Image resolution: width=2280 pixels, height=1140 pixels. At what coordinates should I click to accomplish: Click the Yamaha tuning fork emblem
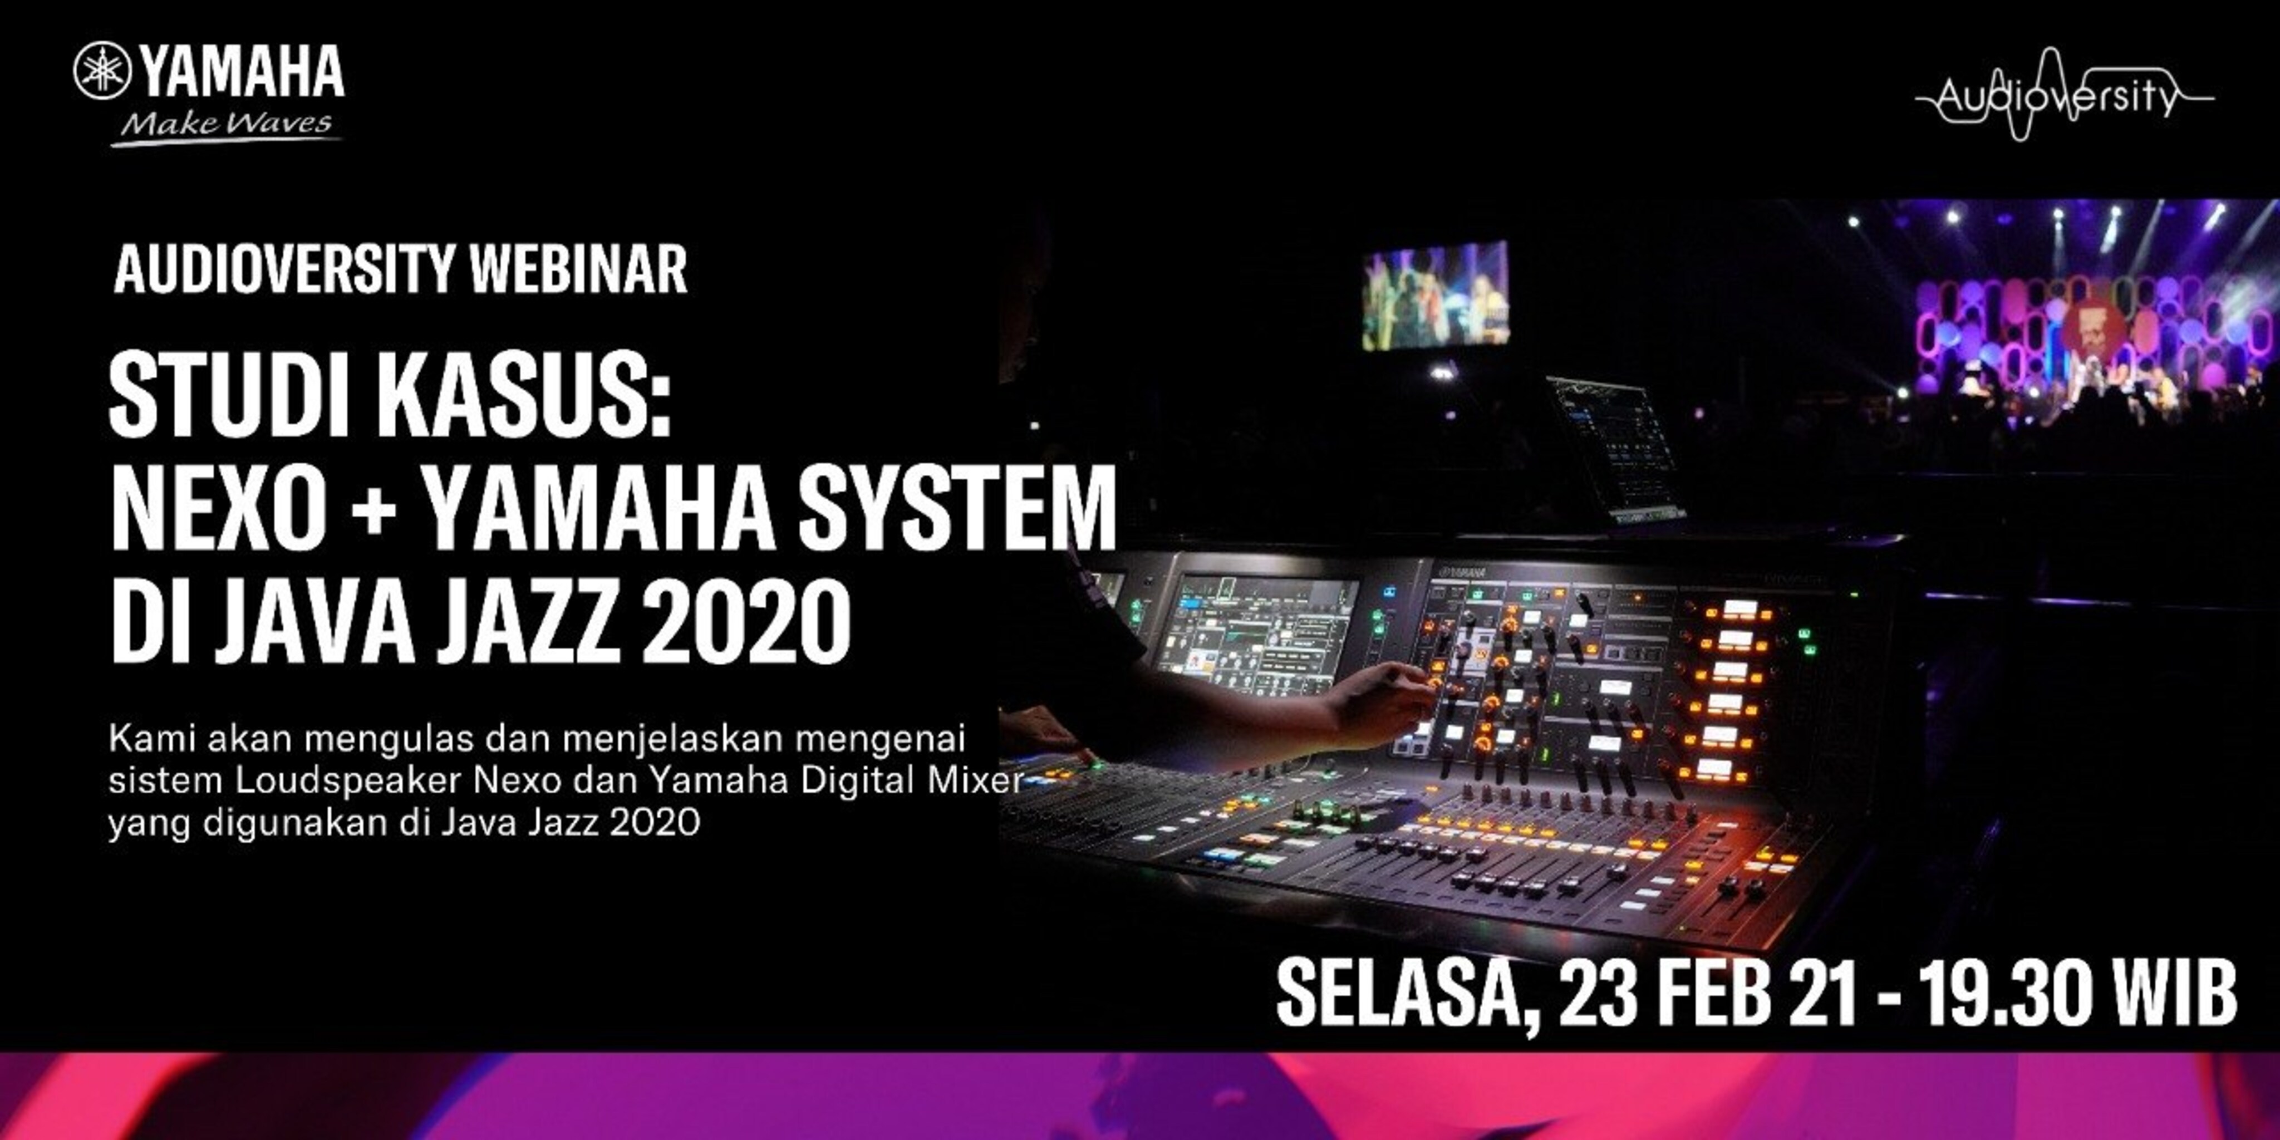102,71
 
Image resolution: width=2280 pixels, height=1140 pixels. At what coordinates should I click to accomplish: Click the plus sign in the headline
378,515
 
